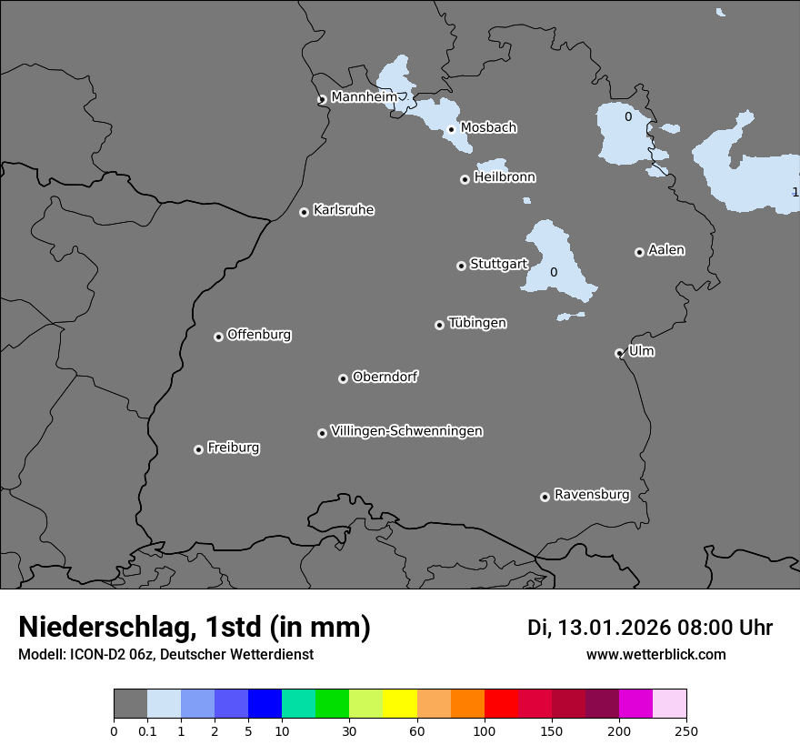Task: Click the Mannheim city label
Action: pos(364,97)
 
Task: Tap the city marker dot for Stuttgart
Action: pos(461,266)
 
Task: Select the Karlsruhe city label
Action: pos(344,210)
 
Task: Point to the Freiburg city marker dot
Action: pos(198,449)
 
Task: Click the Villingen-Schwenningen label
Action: pos(406,431)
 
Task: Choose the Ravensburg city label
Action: pos(592,495)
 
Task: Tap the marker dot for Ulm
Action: pos(619,353)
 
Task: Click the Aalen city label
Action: pos(666,250)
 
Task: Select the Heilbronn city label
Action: pos(505,177)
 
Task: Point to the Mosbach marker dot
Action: pos(451,129)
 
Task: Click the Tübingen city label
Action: pos(477,323)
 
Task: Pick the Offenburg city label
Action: pos(259,335)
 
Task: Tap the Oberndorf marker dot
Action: pos(343,378)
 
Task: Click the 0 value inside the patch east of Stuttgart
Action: pos(554,272)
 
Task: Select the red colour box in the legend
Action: pos(501,704)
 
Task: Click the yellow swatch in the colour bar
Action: pos(400,704)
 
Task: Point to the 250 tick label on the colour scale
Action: pos(686,730)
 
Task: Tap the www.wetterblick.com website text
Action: pos(655,654)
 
